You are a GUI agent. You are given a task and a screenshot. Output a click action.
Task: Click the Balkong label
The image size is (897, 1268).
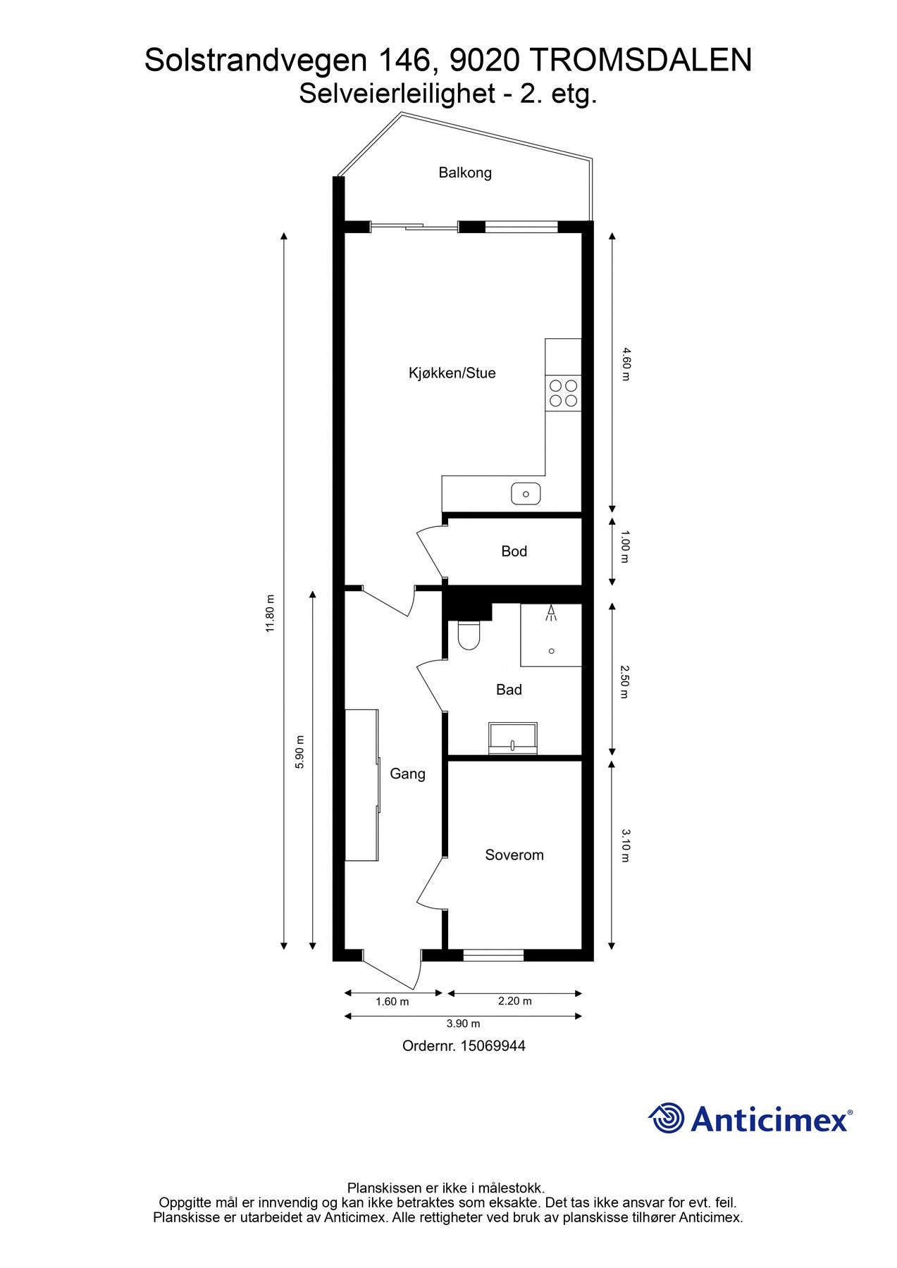(464, 173)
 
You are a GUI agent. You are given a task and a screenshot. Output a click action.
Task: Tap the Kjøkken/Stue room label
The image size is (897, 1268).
(452, 373)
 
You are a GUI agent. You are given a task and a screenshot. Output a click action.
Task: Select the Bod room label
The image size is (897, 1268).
(514, 551)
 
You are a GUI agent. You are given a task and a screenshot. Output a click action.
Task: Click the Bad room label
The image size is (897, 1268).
(509, 690)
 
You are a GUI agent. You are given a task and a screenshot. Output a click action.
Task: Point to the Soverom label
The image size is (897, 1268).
(514, 855)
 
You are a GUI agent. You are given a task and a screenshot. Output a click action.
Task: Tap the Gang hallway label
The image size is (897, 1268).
(407, 773)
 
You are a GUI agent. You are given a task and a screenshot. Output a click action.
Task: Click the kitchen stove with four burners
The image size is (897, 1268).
(563, 393)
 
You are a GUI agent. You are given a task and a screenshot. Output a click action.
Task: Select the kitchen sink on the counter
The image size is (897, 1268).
(526, 494)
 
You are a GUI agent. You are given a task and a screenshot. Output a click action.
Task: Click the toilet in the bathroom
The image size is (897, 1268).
(469, 635)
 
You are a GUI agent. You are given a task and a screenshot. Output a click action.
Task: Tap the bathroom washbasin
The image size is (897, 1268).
(513, 738)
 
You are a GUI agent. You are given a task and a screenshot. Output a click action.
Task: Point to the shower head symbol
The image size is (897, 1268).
(551, 613)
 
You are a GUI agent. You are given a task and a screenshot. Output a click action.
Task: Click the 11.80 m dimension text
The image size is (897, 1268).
(269, 613)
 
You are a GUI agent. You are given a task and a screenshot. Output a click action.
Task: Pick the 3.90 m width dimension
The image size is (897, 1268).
(463, 1024)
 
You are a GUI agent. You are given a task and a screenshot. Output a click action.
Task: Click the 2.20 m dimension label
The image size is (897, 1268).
(514, 1000)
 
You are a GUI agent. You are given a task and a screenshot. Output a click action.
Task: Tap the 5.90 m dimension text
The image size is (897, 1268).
(300, 752)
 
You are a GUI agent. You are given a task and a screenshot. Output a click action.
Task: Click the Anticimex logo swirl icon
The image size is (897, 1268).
(667, 1118)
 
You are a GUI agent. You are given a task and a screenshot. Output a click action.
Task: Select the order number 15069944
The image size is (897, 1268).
(493, 1046)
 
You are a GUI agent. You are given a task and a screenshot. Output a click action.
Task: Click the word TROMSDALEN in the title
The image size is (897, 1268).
(640, 61)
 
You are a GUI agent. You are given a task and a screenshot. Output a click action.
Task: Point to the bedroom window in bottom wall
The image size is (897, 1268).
(493, 955)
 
